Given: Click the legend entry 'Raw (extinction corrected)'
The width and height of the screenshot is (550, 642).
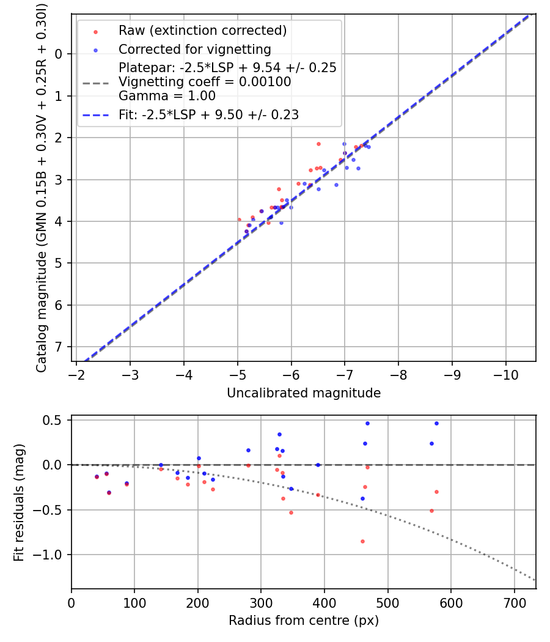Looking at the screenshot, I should coord(202,31).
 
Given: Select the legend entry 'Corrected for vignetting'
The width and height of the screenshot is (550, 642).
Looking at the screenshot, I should coord(194,49).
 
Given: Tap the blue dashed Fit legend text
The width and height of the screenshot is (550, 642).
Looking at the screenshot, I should coord(208,114).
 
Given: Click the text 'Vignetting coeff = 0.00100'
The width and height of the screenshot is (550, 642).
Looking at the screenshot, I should coord(205,82).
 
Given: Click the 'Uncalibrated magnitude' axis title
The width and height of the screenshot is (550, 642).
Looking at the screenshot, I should coord(304,393).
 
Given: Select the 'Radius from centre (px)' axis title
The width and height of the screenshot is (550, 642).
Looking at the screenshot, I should coord(304,621).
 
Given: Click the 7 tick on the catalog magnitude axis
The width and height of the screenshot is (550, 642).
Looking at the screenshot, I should coord(59,347).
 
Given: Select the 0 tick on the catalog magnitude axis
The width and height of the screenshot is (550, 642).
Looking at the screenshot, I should coord(59,54).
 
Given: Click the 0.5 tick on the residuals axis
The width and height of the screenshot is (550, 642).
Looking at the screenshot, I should coord(55,420).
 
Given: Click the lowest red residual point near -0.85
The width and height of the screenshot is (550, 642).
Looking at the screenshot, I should coord(362,541).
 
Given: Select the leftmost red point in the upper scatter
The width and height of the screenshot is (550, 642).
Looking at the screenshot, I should coord(239,220).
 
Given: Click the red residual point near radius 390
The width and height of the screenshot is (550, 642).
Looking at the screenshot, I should coord(318,495).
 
